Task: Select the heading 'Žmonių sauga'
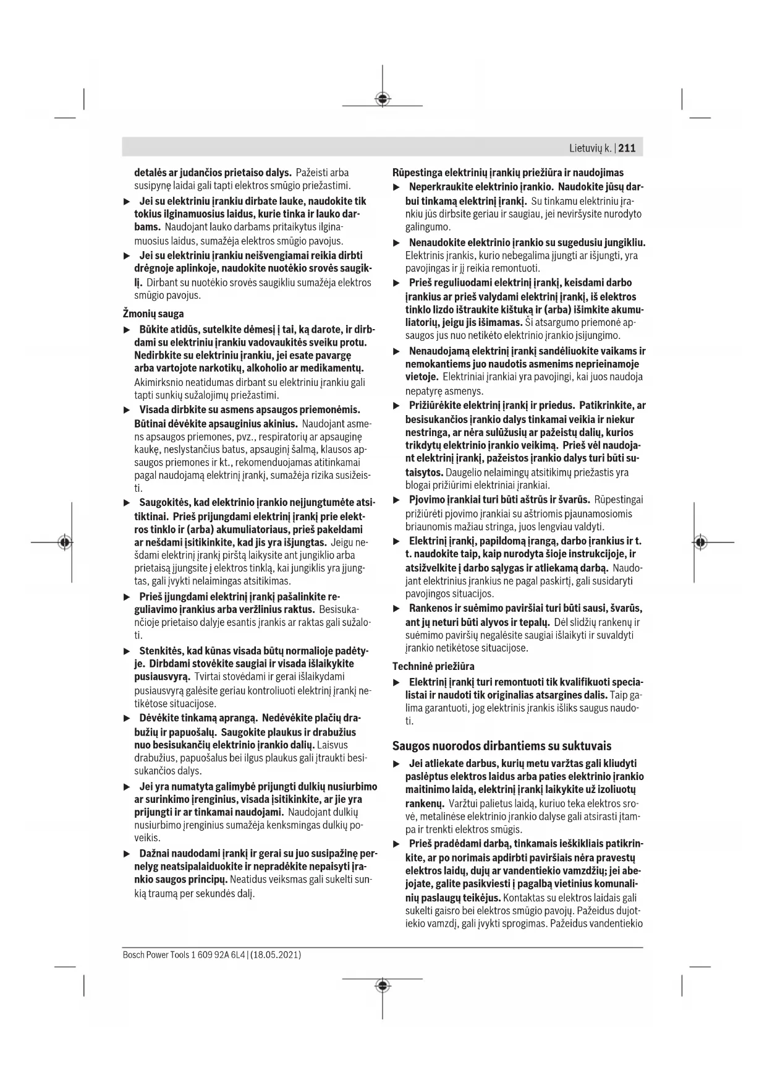[x=159, y=314]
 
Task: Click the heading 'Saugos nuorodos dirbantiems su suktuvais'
[x=502, y=745]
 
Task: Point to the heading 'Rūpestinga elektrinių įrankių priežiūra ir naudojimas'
[x=508, y=173]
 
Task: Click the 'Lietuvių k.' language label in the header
[x=590, y=148]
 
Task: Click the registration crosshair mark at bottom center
[x=383, y=985]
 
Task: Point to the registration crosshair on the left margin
[x=64, y=542]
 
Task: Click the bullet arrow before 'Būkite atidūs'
[x=127, y=330]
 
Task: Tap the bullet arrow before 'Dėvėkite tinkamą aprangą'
[x=127, y=719]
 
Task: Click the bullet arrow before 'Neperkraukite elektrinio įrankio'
[x=397, y=187]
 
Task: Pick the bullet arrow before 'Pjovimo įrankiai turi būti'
[x=397, y=500]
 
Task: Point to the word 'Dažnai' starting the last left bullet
[x=154, y=854]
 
